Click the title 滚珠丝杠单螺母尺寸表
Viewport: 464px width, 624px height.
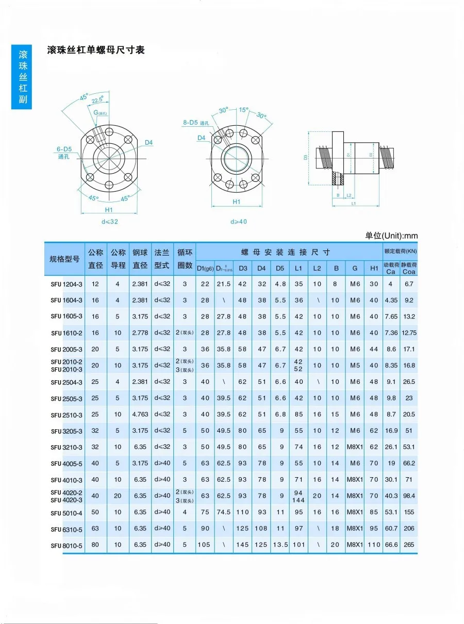(95, 50)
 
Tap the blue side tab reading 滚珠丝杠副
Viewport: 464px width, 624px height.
(22, 77)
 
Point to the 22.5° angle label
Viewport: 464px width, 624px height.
(98, 100)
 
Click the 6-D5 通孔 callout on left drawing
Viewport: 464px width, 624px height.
(64, 153)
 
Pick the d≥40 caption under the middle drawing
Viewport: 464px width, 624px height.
(238, 222)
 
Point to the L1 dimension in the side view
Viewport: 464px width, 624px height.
(353, 204)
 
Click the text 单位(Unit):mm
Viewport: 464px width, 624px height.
(391, 235)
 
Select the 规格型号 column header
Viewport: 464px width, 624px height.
(64, 259)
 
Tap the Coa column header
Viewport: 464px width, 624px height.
(409, 271)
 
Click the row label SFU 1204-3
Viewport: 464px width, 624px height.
(67, 284)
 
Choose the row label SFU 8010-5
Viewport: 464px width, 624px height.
(67, 545)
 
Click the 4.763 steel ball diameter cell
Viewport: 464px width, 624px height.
(140, 414)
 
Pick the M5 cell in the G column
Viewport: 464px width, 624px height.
(355, 365)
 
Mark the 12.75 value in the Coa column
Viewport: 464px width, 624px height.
(409, 333)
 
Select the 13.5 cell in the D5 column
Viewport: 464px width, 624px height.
(280, 545)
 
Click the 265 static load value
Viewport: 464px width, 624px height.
(409, 545)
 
